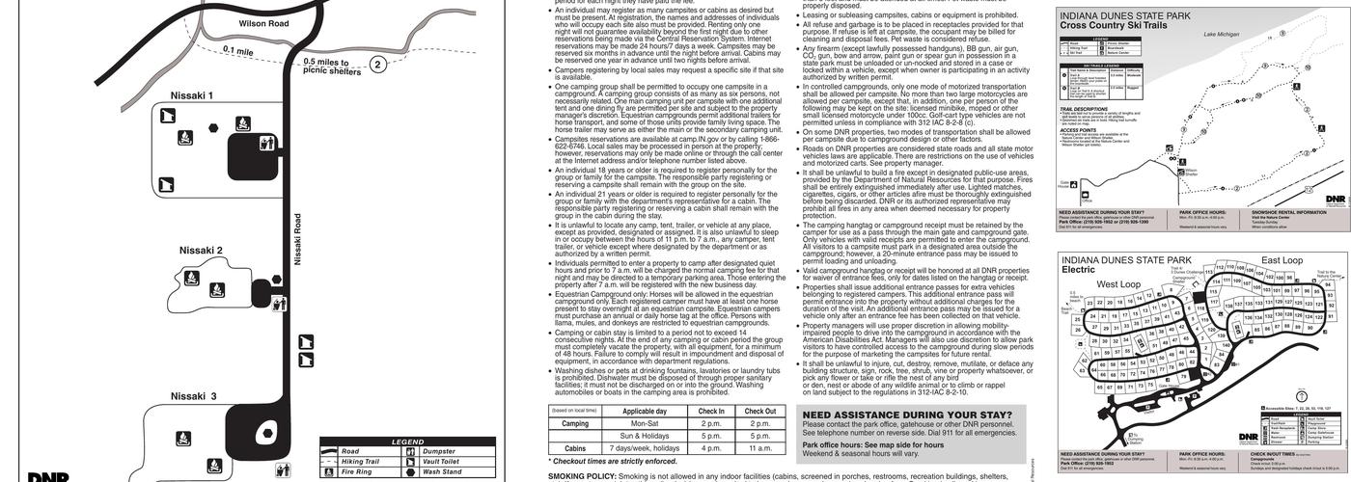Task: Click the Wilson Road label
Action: coord(263,23)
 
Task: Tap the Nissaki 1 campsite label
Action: coord(191,96)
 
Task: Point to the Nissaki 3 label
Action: coord(193,396)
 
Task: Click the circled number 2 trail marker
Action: coord(378,66)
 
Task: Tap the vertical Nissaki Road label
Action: coord(298,239)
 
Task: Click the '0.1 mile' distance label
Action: coord(238,51)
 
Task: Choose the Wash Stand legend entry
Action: coord(444,472)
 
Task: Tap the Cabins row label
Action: coord(575,448)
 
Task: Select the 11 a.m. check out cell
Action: coord(760,448)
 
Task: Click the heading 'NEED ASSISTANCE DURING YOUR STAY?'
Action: coord(907,415)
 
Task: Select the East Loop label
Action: coord(1282,260)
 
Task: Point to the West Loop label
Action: coord(1119,284)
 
